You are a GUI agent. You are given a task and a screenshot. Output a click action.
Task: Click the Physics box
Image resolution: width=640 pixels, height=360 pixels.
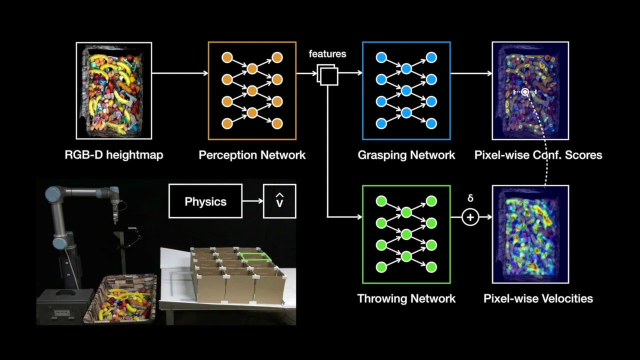(x=205, y=201)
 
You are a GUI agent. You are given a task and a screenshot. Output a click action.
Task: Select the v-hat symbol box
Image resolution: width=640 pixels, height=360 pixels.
(x=279, y=201)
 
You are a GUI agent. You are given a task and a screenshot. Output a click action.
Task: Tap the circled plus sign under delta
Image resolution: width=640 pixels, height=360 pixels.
(x=470, y=217)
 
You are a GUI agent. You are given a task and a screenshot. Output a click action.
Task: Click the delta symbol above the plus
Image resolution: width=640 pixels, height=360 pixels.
(x=470, y=198)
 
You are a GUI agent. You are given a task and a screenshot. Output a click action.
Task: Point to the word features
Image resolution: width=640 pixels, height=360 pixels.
(x=327, y=53)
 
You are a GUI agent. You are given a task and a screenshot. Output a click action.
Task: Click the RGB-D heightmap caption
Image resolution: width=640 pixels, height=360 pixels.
(x=113, y=155)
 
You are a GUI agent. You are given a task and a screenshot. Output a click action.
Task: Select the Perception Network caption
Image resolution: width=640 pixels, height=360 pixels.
(x=252, y=155)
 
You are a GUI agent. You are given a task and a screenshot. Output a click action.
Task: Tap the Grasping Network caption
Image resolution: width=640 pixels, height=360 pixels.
(x=406, y=155)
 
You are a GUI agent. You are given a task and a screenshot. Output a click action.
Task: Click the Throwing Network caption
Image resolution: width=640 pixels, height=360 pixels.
(x=406, y=299)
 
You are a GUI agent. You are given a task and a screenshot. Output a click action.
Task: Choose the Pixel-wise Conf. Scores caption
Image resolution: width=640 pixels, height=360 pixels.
(x=538, y=155)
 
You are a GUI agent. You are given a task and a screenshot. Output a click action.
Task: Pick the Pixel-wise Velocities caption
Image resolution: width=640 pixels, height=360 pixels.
(x=538, y=299)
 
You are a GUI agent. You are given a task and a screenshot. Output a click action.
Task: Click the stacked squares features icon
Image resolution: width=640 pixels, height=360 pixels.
(x=327, y=75)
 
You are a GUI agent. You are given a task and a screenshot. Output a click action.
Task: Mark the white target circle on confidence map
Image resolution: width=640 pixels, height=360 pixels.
(x=524, y=92)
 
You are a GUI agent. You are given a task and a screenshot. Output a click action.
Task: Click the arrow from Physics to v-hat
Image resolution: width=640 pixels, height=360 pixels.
(x=252, y=201)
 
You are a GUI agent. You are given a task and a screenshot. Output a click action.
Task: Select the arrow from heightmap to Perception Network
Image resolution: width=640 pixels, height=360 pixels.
(x=179, y=73)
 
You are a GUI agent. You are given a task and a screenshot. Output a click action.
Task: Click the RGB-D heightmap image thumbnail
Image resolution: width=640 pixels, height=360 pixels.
(x=113, y=90)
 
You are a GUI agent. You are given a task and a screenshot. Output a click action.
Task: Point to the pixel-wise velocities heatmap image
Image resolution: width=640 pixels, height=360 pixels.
(x=530, y=234)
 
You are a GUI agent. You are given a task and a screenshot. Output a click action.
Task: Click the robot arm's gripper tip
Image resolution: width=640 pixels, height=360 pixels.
(x=115, y=220)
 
